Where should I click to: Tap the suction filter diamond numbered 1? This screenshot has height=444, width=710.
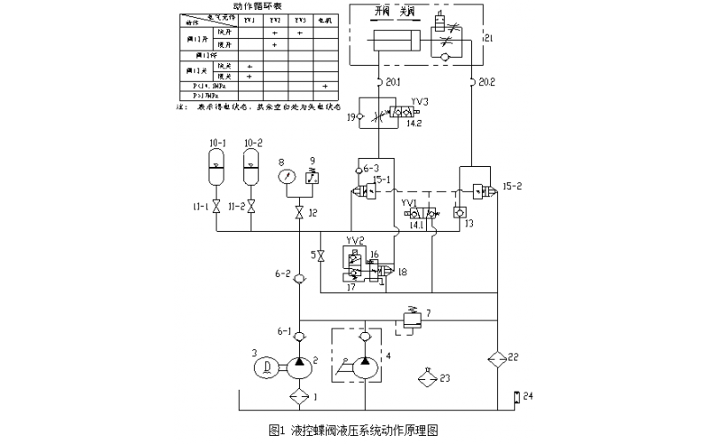coord(301,397)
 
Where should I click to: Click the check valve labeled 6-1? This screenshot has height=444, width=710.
coord(301,335)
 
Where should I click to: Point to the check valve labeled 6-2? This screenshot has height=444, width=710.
coord(301,277)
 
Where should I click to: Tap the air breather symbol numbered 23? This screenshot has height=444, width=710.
coord(430,377)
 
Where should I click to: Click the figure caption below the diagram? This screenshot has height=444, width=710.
coord(353,430)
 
